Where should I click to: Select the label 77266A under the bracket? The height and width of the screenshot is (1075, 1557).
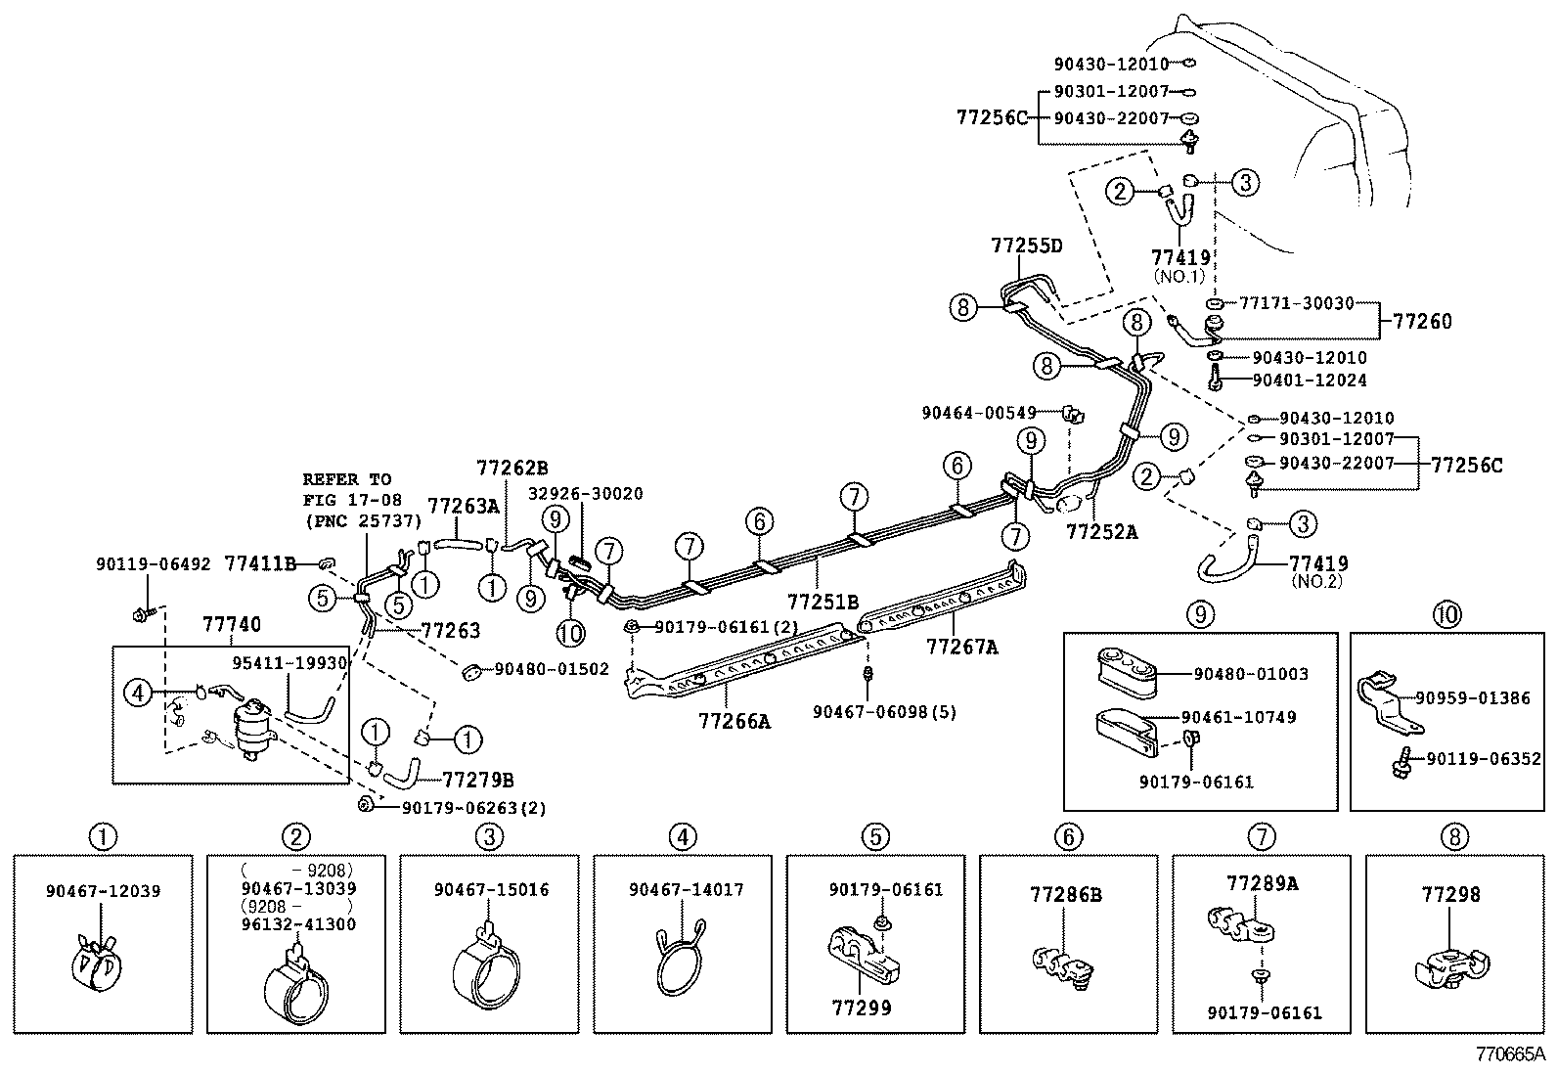pos(734,722)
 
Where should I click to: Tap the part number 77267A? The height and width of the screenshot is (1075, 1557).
pos(961,647)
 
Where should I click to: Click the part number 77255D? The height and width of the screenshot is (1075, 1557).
pos(1026,246)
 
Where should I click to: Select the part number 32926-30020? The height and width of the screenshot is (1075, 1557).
pos(587,494)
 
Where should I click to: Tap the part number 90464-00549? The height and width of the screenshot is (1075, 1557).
pos(978,414)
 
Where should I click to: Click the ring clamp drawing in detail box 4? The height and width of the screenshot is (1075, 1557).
pos(682,963)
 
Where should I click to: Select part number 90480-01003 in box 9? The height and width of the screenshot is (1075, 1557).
pos(1251,674)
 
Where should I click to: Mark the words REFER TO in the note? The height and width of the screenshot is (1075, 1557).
pos(346,479)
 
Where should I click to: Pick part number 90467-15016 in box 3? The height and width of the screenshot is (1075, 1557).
pos(491,890)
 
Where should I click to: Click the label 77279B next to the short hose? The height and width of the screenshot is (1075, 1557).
pos(478,780)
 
